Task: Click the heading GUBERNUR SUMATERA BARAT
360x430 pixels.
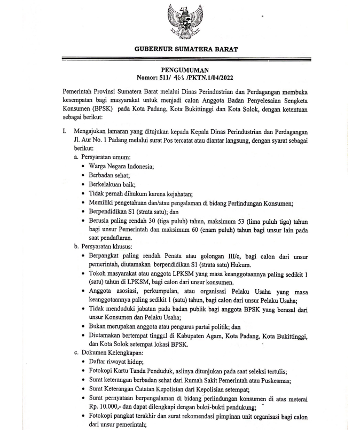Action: click(x=180, y=49)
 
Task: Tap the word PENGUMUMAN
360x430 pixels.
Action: click(x=179, y=69)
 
